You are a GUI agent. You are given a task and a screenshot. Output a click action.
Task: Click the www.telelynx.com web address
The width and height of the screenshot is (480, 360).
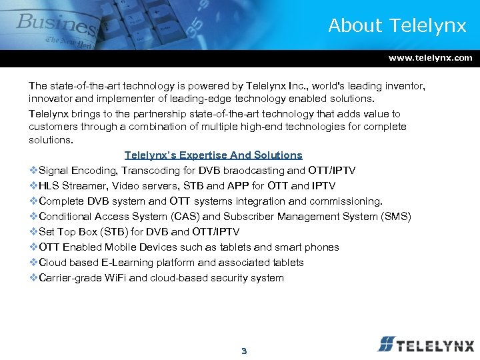pyautogui.click(x=430, y=58)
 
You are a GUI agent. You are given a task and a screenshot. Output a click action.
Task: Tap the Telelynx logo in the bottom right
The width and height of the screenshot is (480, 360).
pyautogui.click(x=425, y=345)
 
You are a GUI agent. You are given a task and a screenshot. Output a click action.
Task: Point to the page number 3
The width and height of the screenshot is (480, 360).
pyautogui.click(x=243, y=351)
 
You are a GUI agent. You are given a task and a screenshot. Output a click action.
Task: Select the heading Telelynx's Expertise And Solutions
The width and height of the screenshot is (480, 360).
pyautogui.click(x=213, y=155)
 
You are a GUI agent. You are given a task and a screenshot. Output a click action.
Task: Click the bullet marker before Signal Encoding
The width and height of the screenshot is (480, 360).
pyautogui.click(x=33, y=171)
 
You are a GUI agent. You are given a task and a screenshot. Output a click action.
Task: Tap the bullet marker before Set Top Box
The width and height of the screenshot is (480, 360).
pyautogui.click(x=33, y=232)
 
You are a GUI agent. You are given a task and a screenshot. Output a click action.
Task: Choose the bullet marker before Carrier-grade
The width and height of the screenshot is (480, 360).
pyautogui.click(x=33, y=278)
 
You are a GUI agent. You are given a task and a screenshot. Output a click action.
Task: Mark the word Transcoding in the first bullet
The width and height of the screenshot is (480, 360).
pyautogui.click(x=153, y=171)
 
